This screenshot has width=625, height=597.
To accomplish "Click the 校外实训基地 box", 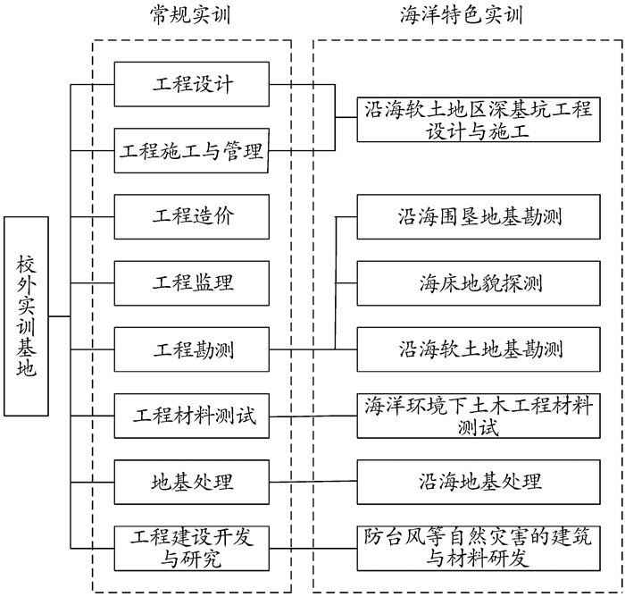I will (x=27, y=315).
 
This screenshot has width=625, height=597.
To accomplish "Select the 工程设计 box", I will (x=192, y=84).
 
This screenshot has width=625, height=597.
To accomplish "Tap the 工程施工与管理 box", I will (x=192, y=150).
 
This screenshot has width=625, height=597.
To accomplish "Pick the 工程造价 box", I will (x=192, y=216).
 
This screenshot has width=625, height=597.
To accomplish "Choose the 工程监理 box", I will (x=192, y=282).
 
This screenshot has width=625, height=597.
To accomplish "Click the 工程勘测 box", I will (x=192, y=349).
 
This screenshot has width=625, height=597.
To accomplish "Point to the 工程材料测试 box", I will (x=192, y=416).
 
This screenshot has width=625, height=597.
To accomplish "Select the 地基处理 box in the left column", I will (x=192, y=482).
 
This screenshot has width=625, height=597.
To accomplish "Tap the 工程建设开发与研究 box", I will (x=192, y=548).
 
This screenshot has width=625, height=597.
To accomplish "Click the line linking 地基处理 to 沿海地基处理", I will (x=312, y=482).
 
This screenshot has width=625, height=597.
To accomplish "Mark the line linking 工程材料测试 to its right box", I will (x=312, y=416).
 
